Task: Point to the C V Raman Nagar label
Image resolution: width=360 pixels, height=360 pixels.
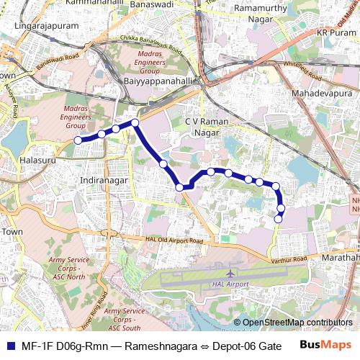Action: click(x=207, y=127)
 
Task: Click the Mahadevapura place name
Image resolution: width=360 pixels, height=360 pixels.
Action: click(x=323, y=94)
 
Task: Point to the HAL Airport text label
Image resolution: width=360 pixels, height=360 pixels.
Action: click(x=231, y=284)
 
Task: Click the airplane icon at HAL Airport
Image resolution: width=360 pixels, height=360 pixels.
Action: click(x=230, y=274)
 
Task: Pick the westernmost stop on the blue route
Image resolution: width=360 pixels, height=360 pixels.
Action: click(x=78, y=140)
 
